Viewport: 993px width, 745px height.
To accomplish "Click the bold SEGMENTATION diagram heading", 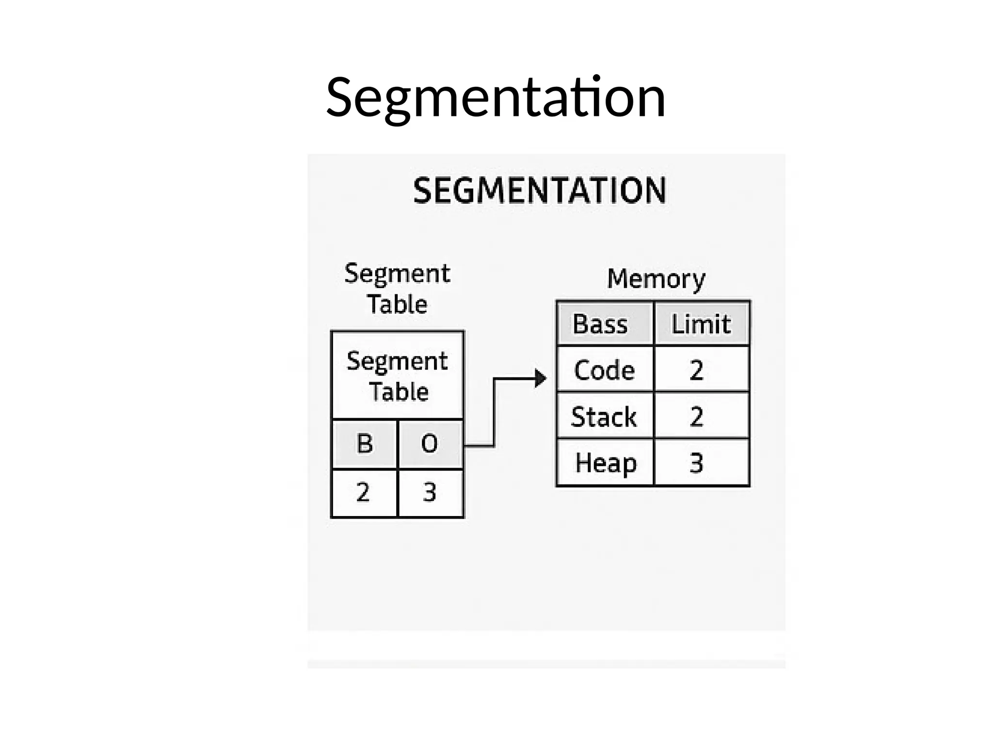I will point(540,190).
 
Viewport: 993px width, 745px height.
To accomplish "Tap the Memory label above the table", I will point(656,279).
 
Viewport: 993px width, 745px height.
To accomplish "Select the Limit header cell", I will point(701,324).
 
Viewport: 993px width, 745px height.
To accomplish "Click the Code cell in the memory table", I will point(604,370).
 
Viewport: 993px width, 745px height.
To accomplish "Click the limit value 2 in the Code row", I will point(696,370).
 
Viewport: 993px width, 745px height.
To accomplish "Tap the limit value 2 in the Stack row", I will point(696,417).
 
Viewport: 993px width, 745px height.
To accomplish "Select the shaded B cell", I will point(365,444).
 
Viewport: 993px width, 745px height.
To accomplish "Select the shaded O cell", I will point(430,444).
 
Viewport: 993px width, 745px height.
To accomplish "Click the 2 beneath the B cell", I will point(363,492).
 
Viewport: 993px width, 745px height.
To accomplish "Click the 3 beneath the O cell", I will point(430,492).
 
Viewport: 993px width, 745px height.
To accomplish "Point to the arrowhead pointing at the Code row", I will point(540,378).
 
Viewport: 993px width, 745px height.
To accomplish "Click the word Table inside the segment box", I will point(399,391).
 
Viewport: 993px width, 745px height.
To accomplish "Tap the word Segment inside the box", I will point(397,361).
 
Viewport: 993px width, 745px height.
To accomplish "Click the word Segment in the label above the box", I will point(397,274).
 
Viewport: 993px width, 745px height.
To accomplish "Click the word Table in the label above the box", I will point(397,305).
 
